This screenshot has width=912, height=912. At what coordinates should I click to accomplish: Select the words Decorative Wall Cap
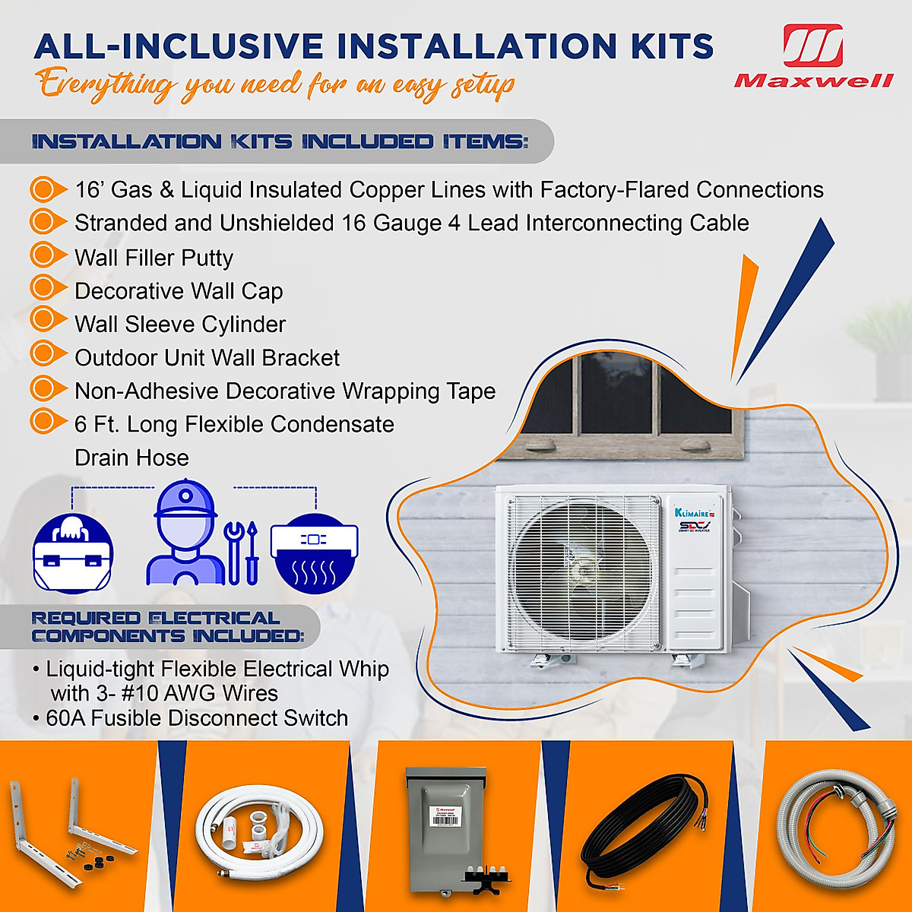179,291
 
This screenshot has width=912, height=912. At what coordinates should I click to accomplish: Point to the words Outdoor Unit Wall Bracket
207,358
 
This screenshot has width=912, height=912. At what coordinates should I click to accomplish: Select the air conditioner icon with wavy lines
314,553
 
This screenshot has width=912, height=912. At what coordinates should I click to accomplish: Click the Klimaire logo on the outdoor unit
692,513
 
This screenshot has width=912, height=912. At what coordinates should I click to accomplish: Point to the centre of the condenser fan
581,570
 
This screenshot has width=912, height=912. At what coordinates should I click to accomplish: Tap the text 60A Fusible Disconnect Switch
197,718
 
